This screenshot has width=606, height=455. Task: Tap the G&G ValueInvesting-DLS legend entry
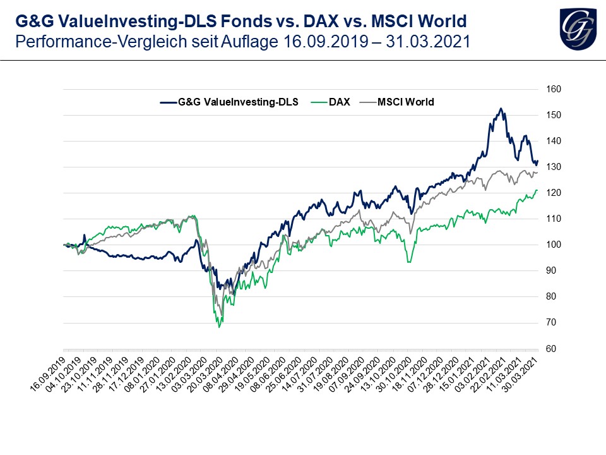tap(239, 102)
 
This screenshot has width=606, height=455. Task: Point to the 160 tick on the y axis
tap(554, 89)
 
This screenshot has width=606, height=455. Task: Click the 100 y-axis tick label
tap(554, 245)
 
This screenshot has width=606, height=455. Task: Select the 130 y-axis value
tap(554, 167)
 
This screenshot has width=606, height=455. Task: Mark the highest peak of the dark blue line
tap(500, 109)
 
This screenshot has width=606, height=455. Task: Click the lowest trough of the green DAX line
tap(219, 327)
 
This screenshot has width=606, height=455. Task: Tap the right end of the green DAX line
tap(537, 190)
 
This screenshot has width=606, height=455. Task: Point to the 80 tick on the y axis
tap(554, 296)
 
